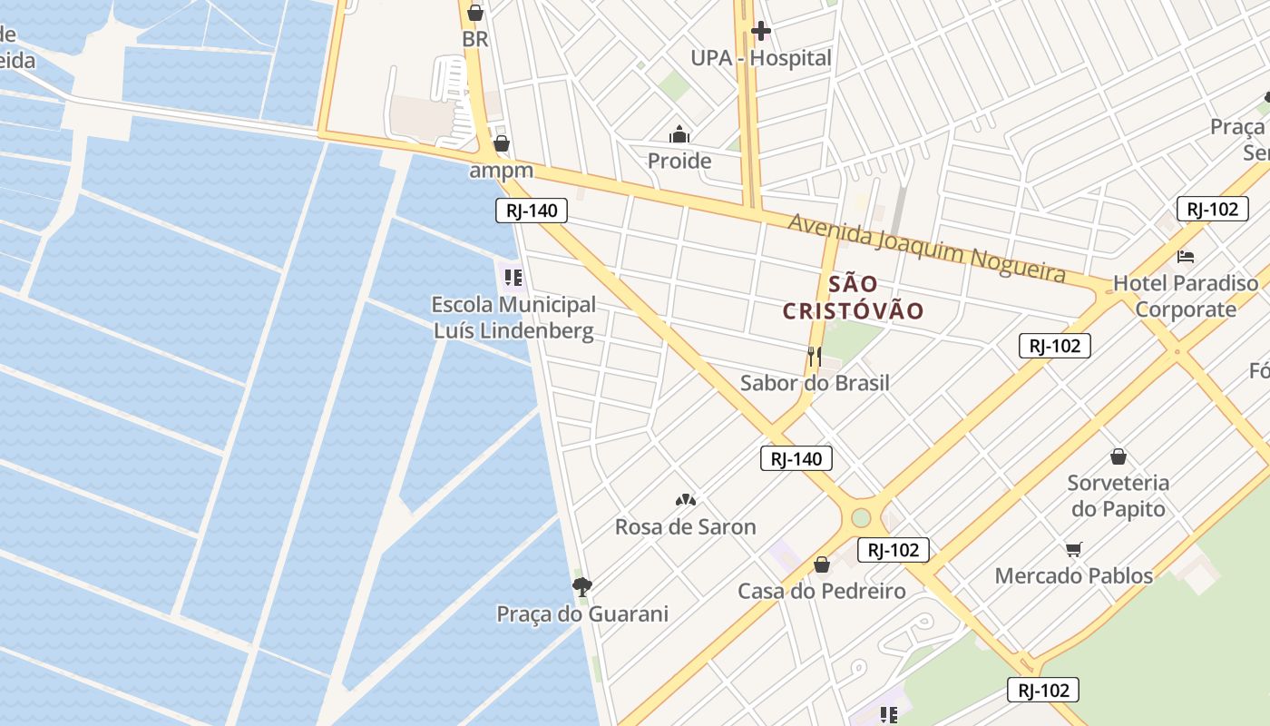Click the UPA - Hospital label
(760, 58)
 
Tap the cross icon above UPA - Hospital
(760, 32)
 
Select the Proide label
(679, 162)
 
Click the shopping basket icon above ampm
(501, 143)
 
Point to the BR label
(474, 40)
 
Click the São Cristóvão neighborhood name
(853, 298)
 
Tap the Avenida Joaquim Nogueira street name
(925, 248)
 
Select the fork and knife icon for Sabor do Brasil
(814, 357)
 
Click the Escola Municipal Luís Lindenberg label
(513, 318)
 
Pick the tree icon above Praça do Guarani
(582, 586)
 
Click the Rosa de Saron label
(685, 527)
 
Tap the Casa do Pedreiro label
(821, 592)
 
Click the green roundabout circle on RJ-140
(860, 518)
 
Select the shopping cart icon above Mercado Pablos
(1074, 548)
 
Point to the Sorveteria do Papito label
(1118, 495)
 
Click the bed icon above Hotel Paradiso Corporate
(1185, 257)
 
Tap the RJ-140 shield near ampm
(532, 211)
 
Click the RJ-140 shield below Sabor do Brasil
(796, 459)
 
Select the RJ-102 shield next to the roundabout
(893, 550)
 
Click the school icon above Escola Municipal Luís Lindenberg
(513, 276)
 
